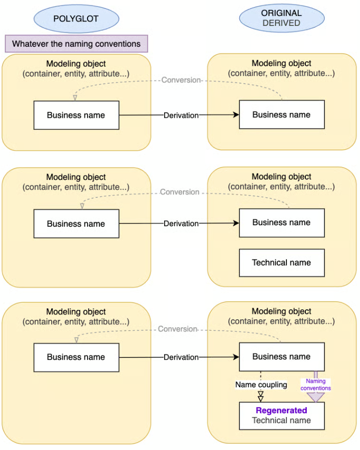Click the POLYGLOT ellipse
pyautogui.click(x=76, y=19)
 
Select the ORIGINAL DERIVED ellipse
pyautogui.click(x=281, y=18)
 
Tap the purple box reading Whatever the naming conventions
pyautogui.click(x=76, y=44)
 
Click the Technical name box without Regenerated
pyautogui.click(x=281, y=263)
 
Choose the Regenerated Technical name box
pyautogui.click(x=281, y=416)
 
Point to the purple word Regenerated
pyautogui.click(x=281, y=411)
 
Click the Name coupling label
pyautogui.click(x=261, y=385)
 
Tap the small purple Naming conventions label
pyautogui.click(x=315, y=385)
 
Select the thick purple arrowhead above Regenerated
pyautogui.click(x=315, y=397)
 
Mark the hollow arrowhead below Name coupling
pyautogui.click(x=261, y=397)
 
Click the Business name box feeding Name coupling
pyautogui.click(x=281, y=357)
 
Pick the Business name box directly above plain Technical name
pyautogui.click(x=281, y=223)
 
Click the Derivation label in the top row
pyautogui.click(x=181, y=115)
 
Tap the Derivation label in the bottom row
pyautogui.click(x=181, y=357)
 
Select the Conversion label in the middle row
pyautogui.click(x=180, y=192)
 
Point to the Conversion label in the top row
pyautogui.click(x=181, y=80)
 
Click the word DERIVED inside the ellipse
pyautogui.click(x=281, y=23)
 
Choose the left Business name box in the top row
pyautogui.click(x=76, y=115)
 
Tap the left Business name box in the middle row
pyautogui.click(x=76, y=224)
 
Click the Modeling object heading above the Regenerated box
pyautogui.click(x=281, y=312)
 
